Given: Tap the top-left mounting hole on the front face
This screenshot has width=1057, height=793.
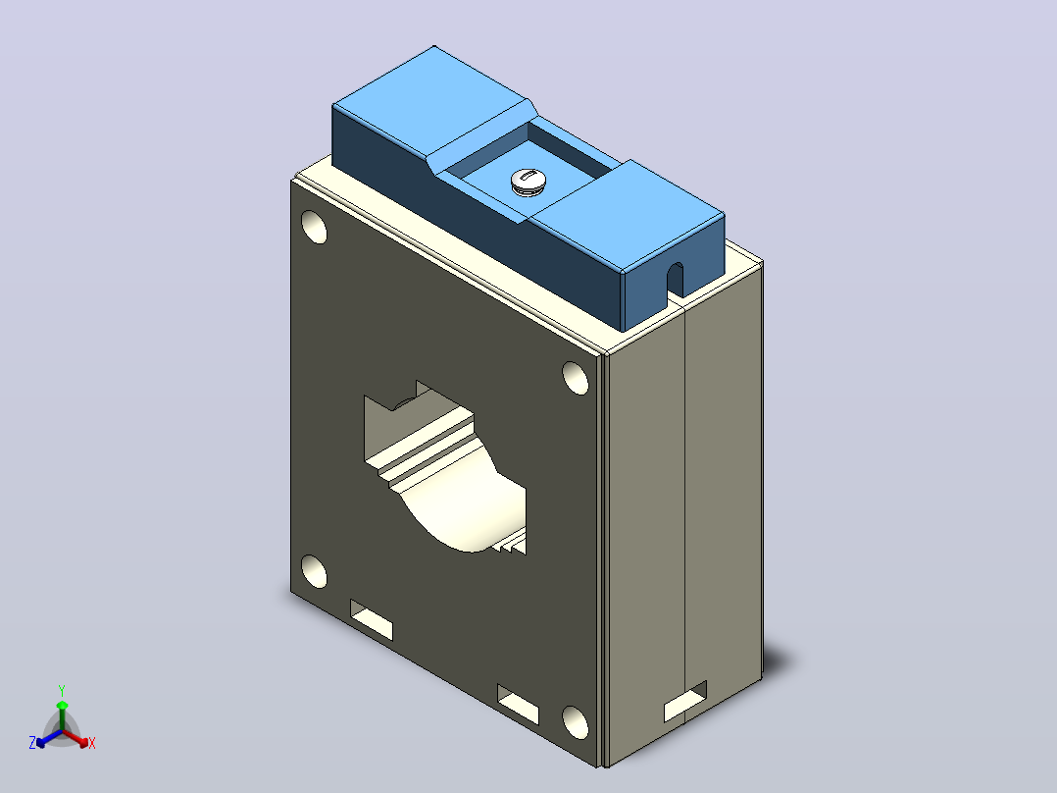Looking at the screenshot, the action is tap(314, 227).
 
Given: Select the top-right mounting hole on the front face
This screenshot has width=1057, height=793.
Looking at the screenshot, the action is tap(575, 378).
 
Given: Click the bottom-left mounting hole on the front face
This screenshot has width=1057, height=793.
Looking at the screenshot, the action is tap(314, 571).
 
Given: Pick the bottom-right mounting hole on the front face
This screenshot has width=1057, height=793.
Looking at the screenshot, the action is tap(575, 722).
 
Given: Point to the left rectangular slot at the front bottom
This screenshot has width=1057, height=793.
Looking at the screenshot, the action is tap(372, 619).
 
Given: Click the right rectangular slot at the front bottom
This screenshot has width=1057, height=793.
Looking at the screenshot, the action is tap(519, 704).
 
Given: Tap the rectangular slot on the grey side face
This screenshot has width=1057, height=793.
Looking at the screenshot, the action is tap(685, 701).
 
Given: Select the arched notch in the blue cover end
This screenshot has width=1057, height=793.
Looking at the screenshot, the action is tap(675, 280).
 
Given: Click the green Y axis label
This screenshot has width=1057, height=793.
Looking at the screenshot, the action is tap(62, 690).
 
